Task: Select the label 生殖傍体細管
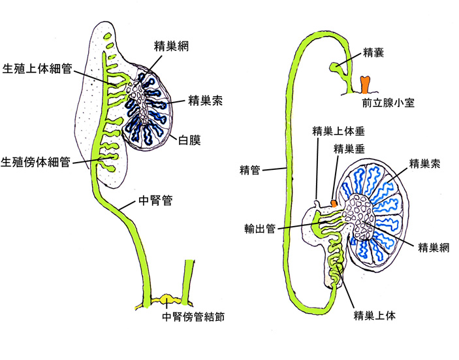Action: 37,161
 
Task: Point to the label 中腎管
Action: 158,201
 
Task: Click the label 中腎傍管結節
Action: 193,319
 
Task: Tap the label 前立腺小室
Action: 388,103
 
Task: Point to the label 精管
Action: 251,171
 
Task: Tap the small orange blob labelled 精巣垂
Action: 334,204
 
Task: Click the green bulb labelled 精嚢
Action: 335,66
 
